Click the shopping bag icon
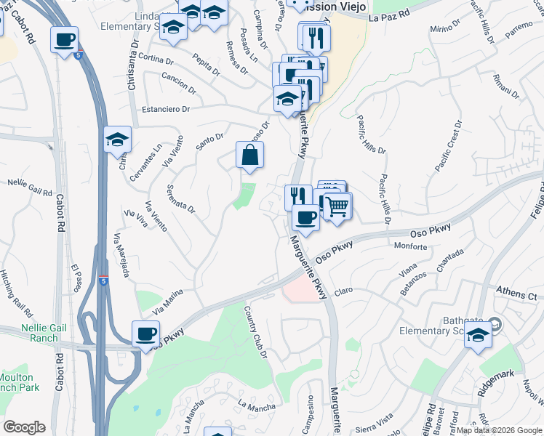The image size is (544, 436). tap(249, 156)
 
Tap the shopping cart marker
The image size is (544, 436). tap(337, 206)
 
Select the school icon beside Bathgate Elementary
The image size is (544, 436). tap(478, 336)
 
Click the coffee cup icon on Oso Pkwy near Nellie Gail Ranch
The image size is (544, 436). tap(146, 334)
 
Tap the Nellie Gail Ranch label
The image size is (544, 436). tap(29, 333)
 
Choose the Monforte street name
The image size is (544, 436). tap(410, 247)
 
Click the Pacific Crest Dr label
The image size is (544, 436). tap(448, 147)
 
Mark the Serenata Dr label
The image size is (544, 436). tap(182, 198)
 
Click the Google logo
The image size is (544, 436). tap(24, 427)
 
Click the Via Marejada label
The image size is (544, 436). tap(121, 255)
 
